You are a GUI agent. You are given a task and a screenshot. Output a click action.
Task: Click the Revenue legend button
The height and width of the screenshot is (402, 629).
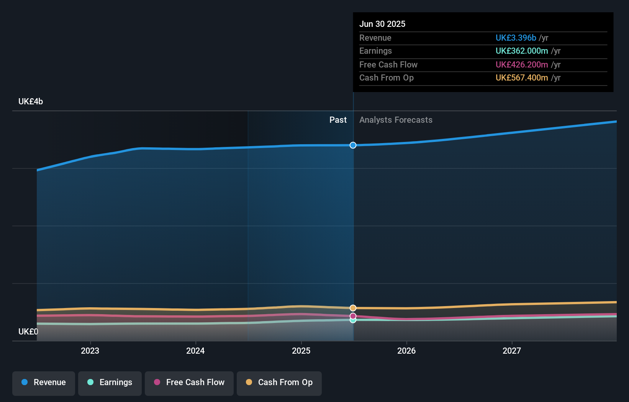point(44,382)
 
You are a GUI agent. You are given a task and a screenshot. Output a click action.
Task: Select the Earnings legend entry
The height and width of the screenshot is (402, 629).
point(110,382)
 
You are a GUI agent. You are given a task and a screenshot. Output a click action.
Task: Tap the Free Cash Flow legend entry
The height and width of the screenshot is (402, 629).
point(189,382)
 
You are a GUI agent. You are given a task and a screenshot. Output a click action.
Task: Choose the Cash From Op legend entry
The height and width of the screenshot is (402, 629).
point(279,382)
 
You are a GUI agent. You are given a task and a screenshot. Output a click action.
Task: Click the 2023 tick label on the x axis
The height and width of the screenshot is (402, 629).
point(90,351)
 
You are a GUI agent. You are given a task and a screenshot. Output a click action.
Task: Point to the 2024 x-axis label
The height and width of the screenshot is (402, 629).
point(195,351)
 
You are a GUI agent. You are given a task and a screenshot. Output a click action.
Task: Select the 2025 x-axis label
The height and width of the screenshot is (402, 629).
point(301,351)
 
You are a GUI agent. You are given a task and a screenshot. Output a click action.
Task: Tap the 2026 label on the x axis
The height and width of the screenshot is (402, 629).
point(406,351)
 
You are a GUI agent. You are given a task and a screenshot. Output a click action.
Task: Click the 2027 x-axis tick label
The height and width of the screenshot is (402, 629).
point(512,351)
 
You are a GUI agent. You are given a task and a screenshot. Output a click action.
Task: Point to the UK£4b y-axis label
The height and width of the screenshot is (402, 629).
point(31,102)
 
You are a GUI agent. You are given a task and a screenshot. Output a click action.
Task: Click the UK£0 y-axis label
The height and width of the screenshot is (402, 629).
point(28,331)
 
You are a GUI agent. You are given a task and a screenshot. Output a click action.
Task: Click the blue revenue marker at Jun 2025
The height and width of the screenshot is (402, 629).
point(353,145)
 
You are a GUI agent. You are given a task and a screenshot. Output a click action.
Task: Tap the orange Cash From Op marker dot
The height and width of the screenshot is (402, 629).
point(353,308)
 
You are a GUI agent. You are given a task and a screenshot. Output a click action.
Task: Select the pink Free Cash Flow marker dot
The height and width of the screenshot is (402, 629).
point(353,316)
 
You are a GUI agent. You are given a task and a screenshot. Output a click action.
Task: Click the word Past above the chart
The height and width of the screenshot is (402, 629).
point(338,120)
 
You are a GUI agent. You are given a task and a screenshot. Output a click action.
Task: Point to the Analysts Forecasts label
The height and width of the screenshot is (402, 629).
point(396,120)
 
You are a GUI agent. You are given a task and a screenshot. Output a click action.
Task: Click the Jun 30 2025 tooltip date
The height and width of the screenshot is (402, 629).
point(382,24)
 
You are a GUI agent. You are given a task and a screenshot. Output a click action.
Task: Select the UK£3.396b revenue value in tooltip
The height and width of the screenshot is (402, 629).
point(516,38)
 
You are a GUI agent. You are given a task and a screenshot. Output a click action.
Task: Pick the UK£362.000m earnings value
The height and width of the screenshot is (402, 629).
point(522,51)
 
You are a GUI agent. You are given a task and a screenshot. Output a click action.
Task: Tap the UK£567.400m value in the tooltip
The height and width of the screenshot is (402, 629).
point(522,77)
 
